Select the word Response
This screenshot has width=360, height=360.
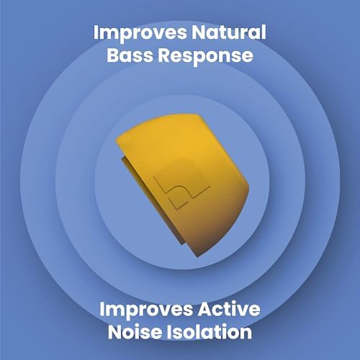[210, 55]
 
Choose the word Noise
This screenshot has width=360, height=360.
[134, 333]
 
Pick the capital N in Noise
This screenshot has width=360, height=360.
[115, 333]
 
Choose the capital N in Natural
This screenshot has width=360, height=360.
[193, 33]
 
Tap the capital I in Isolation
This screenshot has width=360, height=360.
[169, 333]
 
